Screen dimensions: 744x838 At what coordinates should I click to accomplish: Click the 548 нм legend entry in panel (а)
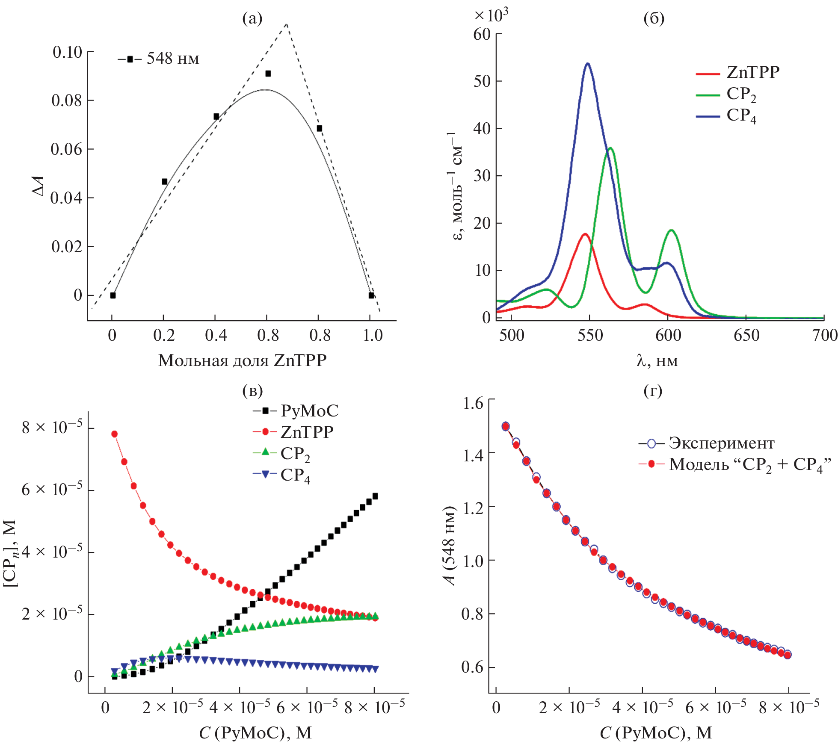click(x=159, y=59)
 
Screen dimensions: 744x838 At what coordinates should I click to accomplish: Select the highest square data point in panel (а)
click(x=268, y=74)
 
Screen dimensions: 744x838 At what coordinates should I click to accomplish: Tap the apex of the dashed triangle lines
click(x=286, y=24)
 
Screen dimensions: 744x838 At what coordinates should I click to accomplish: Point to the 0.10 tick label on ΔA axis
click(x=67, y=52)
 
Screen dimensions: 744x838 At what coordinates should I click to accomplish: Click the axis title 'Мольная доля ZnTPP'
click(x=242, y=360)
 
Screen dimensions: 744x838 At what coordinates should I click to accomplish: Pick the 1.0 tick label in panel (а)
click(x=373, y=335)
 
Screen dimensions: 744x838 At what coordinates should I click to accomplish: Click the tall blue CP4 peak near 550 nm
click(x=588, y=64)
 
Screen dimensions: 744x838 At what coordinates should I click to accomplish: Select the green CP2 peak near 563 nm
click(x=610, y=148)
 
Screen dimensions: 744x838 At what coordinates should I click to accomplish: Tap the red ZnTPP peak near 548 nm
click(x=585, y=234)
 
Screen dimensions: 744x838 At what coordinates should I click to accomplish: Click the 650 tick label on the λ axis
click(x=746, y=335)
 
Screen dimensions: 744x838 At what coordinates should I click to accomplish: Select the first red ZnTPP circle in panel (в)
click(x=115, y=434)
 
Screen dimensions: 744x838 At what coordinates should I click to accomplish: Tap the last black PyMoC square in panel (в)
click(x=375, y=496)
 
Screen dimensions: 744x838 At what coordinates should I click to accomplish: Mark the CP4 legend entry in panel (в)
click(x=282, y=475)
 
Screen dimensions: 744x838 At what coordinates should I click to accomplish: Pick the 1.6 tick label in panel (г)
click(x=473, y=403)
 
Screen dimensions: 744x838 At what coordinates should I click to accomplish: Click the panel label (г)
click(x=653, y=390)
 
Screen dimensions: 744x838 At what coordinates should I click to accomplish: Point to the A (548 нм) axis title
click(x=450, y=546)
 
